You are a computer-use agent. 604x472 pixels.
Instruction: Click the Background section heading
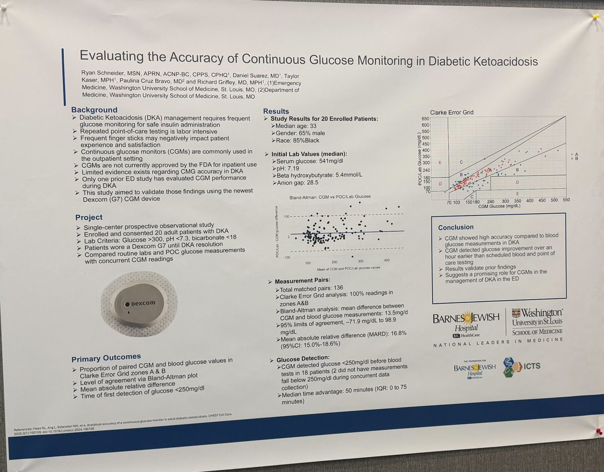[x=94, y=110]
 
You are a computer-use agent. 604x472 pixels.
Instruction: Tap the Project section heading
[x=89, y=217]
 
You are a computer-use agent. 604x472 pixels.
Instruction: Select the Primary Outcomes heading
[x=106, y=358]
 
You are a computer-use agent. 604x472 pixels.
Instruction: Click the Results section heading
[x=276, y=111]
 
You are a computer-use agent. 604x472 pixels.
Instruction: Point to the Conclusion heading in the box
[x=456, y=227]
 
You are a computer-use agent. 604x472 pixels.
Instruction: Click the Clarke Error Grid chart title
[x=451, y=112]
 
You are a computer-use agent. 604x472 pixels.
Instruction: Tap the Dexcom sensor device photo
[x=139, y=304]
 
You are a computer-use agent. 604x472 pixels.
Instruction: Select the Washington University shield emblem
[x=516, y=313]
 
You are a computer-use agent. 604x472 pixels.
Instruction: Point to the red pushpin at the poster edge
[x=600, y=432]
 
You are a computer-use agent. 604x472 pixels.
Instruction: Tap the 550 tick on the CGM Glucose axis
[x=566, y=200]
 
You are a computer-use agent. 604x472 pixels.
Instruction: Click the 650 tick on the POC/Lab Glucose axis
[x=425, y=119]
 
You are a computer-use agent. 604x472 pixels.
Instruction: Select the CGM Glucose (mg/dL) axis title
[x=499, y=206]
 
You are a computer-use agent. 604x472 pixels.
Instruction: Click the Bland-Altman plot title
[x=330, y=197]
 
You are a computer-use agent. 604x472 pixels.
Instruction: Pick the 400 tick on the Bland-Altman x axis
[x=387, y=260]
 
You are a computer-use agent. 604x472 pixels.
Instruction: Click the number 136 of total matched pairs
[x=338, y=288]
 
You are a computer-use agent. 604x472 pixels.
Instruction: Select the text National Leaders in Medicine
[x=498, y=342]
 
